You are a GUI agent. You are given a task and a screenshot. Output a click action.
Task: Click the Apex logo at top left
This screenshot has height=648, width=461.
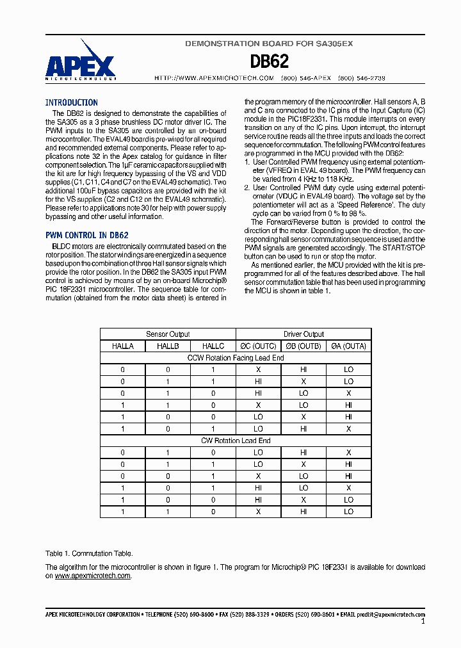(x=80, y=61)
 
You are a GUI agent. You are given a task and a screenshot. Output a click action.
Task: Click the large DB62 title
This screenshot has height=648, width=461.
(x=269, y=61)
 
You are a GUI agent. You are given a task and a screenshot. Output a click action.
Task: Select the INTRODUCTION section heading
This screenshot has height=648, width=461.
(x=71, y=102)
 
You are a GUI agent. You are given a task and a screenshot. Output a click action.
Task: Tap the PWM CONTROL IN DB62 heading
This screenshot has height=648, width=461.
(x=86, y=235)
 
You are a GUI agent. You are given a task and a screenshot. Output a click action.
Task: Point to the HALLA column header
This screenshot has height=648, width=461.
(x=123, y=346)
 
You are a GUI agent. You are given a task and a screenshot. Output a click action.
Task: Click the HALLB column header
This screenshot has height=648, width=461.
(x=168, y=346)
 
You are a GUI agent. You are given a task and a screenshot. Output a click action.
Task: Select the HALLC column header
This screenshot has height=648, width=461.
(x=213, y=346)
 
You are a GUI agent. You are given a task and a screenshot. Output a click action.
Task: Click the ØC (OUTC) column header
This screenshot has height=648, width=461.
(x=258, y=346)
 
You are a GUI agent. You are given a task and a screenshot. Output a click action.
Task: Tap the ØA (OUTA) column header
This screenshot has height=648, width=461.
(x=348, y=346)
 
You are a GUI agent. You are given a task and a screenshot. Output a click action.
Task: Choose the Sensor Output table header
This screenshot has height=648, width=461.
(x=168, y=334)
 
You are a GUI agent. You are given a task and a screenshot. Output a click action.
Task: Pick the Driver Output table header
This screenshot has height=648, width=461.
(x=303, y=334)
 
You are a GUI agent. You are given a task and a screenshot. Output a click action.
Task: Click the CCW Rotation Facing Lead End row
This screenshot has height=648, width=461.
(x=236, y=358)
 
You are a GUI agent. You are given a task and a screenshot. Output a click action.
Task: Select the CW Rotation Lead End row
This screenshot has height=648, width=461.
(x=236, y=441)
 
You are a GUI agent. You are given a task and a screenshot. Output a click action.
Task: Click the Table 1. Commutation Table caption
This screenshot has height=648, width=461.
(x=89, y=553)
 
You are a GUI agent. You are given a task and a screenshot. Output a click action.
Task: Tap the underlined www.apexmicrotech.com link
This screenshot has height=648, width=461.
(x=93, y=576)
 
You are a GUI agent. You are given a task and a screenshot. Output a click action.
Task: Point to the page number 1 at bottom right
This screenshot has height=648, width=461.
(x=423, y=622)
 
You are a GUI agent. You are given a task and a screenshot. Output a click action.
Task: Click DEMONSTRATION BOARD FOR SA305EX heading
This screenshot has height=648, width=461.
(x=269, y=44)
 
